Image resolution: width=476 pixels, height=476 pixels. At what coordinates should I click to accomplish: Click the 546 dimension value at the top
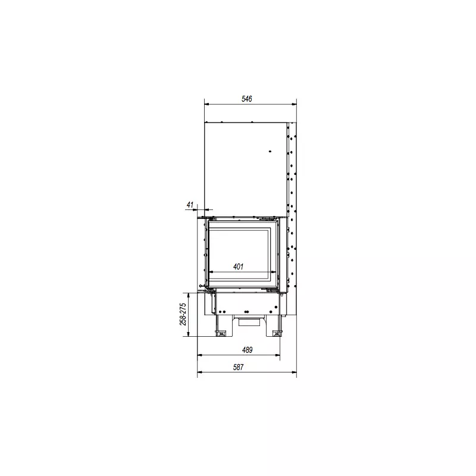246,99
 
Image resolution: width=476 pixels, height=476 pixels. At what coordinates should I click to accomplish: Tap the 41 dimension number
190,205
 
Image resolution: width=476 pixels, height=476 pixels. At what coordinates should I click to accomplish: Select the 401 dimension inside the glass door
239,267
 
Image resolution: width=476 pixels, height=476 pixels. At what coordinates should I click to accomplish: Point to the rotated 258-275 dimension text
183,314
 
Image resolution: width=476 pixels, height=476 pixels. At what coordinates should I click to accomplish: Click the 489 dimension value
247,350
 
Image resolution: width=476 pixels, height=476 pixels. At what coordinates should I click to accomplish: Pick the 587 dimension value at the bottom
239,367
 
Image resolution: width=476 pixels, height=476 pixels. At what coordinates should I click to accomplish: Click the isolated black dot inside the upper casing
270,151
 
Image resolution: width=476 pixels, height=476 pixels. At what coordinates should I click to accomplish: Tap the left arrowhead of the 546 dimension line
207,105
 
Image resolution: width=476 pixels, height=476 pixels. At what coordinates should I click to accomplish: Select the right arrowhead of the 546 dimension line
294,105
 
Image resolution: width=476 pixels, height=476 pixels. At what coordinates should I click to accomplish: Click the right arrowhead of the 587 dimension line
294,372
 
